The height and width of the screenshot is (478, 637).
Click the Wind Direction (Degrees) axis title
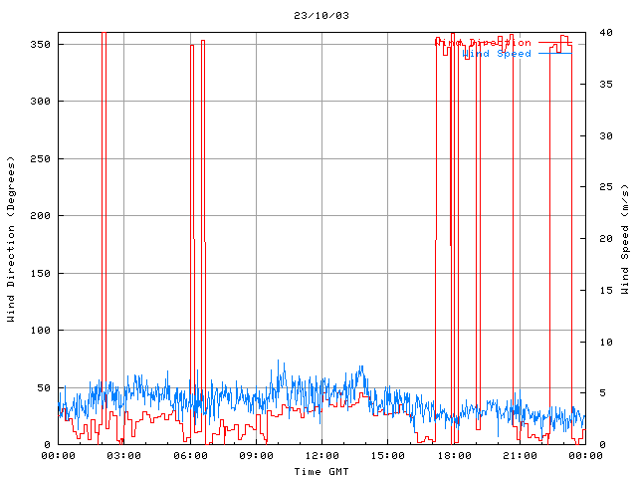[11, 239]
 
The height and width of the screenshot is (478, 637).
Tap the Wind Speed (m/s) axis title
[624, 239]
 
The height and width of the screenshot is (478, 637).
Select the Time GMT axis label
[321, 470]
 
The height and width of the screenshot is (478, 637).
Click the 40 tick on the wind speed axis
[595, 32]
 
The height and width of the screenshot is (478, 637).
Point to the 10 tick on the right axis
[595, 342]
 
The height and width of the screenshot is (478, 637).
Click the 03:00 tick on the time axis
[123, 456]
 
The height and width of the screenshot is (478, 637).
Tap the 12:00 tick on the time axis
[321, 456]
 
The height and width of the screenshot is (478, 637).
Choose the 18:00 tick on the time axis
[453, 456]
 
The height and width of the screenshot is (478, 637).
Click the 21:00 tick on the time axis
[519, 456]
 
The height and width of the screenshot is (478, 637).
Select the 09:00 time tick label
[256, 456]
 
